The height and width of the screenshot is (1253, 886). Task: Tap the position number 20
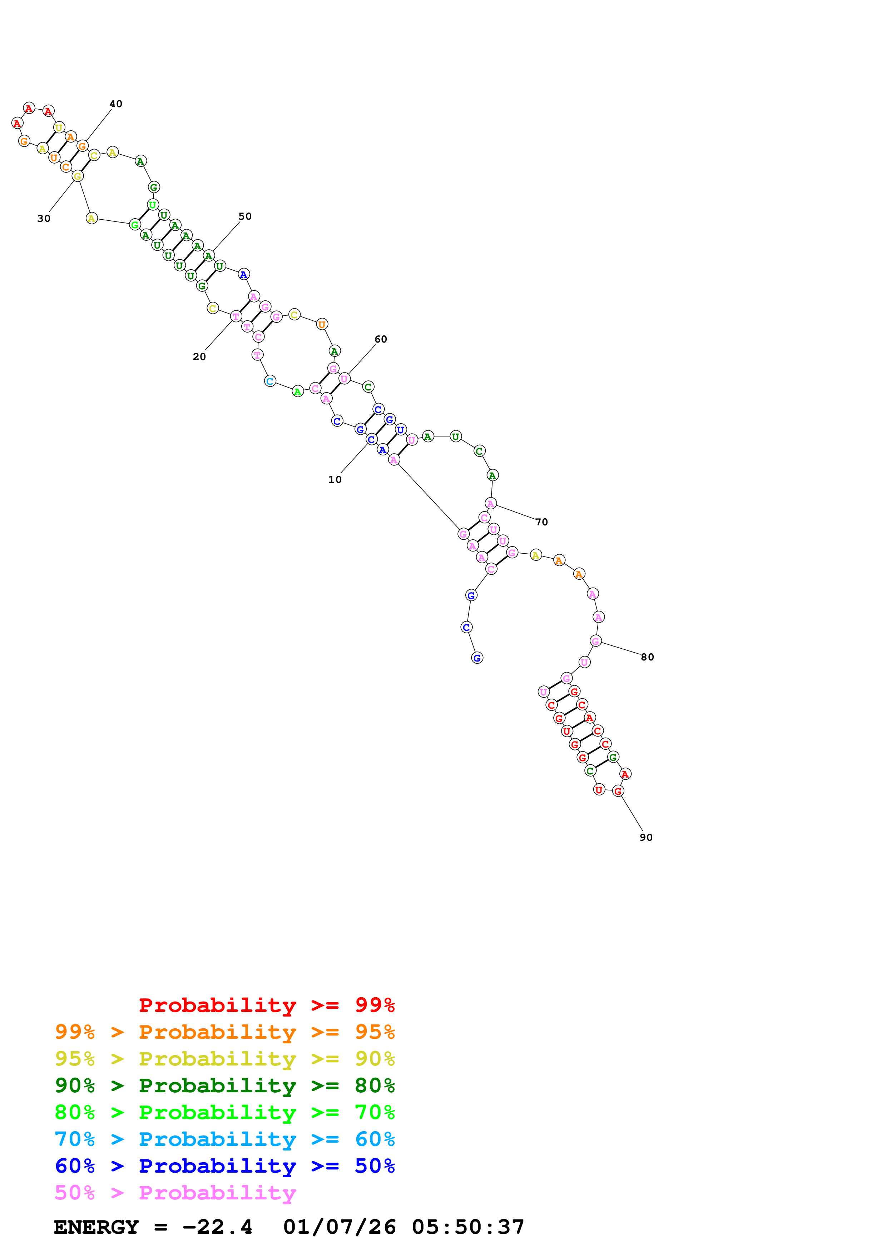coord(199,357)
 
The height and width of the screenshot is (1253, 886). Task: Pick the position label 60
coord(381,339)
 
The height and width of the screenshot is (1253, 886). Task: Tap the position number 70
coord(541,522)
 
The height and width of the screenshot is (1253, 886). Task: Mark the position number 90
coord(646,837)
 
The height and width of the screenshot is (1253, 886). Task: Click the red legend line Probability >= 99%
coord(266,1005)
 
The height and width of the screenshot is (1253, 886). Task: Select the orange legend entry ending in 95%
coord(224,1032)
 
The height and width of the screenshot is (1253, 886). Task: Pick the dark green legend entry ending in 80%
coord(224,1085)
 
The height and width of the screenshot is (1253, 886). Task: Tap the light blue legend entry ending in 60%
coord(224,1139)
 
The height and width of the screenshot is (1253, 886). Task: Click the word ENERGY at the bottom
coord(96,1227)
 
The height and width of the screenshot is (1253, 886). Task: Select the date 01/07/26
coord(339,1227)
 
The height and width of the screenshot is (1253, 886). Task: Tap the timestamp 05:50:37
coord(468,1227)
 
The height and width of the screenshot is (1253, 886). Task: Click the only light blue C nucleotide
coord(270,381)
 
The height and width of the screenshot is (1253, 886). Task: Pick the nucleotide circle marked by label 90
coord(618,791)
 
